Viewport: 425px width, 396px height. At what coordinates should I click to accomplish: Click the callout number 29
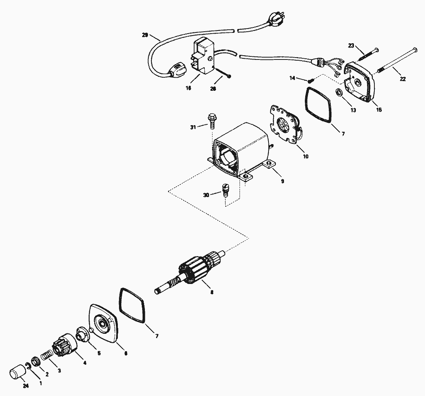point(145,35)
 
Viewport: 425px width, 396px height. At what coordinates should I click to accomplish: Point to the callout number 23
point(351,46)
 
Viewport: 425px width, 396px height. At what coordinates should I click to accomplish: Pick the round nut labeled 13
point(339,93)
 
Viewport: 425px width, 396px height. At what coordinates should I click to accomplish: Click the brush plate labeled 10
point(286,126)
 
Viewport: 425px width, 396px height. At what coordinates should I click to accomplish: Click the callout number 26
point(213,88)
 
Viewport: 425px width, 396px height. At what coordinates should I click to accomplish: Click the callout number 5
point(99,353)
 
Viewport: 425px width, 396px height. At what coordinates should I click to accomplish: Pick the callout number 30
point(206,195)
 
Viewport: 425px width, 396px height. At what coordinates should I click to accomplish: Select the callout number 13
point(352,110)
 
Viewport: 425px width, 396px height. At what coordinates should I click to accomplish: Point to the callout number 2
point(47,374)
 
